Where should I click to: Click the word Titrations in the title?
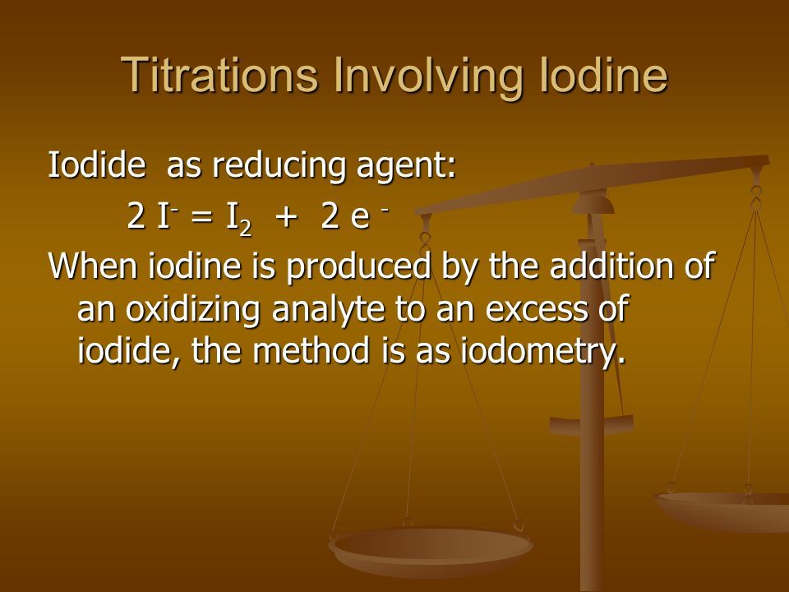tap(219, 75)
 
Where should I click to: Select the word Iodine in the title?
tap(603, 75)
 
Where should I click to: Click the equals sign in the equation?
tap(202, 217)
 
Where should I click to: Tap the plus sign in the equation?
tap(285, 217)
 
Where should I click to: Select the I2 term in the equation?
tap(238, 220)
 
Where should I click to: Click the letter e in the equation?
tap(360, 219)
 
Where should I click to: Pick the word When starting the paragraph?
tap(93, 266)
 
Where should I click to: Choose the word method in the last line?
tap(311, 350)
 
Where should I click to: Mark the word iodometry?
tap(543, 353)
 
